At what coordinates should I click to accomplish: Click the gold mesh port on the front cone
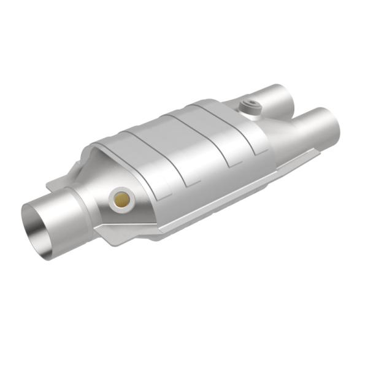click(x=121, y=199)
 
